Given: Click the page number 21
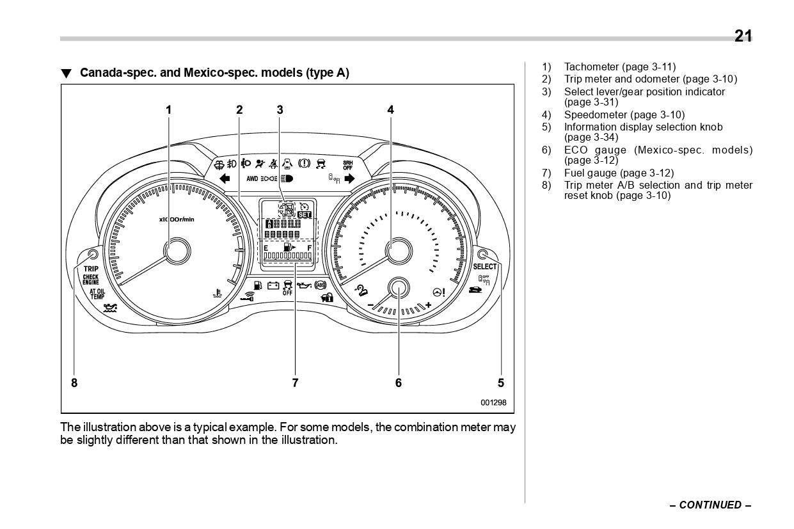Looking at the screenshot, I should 743,36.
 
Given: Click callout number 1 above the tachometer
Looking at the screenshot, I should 169,109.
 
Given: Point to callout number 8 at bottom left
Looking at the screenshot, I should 74,383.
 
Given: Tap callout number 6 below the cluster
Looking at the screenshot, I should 399,383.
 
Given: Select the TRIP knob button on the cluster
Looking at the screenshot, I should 93,254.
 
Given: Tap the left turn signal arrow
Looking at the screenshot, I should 224,178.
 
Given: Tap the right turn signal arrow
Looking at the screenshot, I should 349,178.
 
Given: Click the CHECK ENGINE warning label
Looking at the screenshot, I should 91,280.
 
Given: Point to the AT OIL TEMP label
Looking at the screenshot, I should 97,294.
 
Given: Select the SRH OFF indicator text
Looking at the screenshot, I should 347,164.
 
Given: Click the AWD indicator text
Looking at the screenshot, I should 252,179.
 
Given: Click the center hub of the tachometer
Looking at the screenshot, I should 177,250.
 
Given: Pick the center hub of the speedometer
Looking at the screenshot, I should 398,250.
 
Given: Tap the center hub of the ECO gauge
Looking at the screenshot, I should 398,288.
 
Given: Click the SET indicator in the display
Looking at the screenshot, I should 305,215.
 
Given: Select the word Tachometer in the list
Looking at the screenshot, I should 592,67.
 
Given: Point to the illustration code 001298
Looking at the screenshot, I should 493,402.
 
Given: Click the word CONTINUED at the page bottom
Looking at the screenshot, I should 710,505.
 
